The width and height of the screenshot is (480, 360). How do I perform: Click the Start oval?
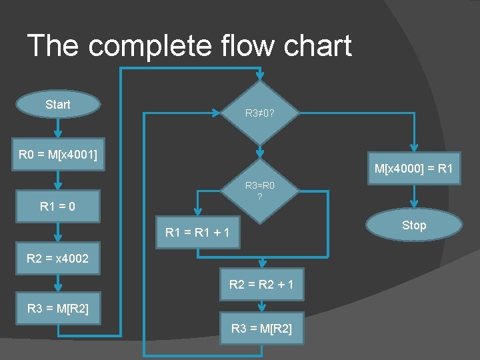click(x=58, y=104)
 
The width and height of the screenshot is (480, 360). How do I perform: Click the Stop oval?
click(x=413, y=225)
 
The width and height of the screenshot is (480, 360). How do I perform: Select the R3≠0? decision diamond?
click(x=261, y=113)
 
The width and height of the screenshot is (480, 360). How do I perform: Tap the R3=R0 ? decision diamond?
click(x=261, y=190)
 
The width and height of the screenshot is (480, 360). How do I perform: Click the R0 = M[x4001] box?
click(x=57, y=155)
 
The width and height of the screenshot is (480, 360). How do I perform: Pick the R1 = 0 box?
click(x=57, y=207)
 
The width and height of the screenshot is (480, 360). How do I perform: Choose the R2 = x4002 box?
click(x=57, y=258)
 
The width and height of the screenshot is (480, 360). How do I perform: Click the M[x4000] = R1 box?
click(x=413, y=169)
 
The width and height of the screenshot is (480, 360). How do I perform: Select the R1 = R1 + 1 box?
click(x=198, y=233)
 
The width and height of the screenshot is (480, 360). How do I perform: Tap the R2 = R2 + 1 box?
click(x=261, y=285)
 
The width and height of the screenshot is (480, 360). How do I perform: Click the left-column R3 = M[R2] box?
click(x=57, y=309)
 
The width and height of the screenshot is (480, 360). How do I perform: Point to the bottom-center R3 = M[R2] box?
click(x=261, y=328)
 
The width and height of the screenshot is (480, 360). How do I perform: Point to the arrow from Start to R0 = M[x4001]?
click(x=59, y=128)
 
